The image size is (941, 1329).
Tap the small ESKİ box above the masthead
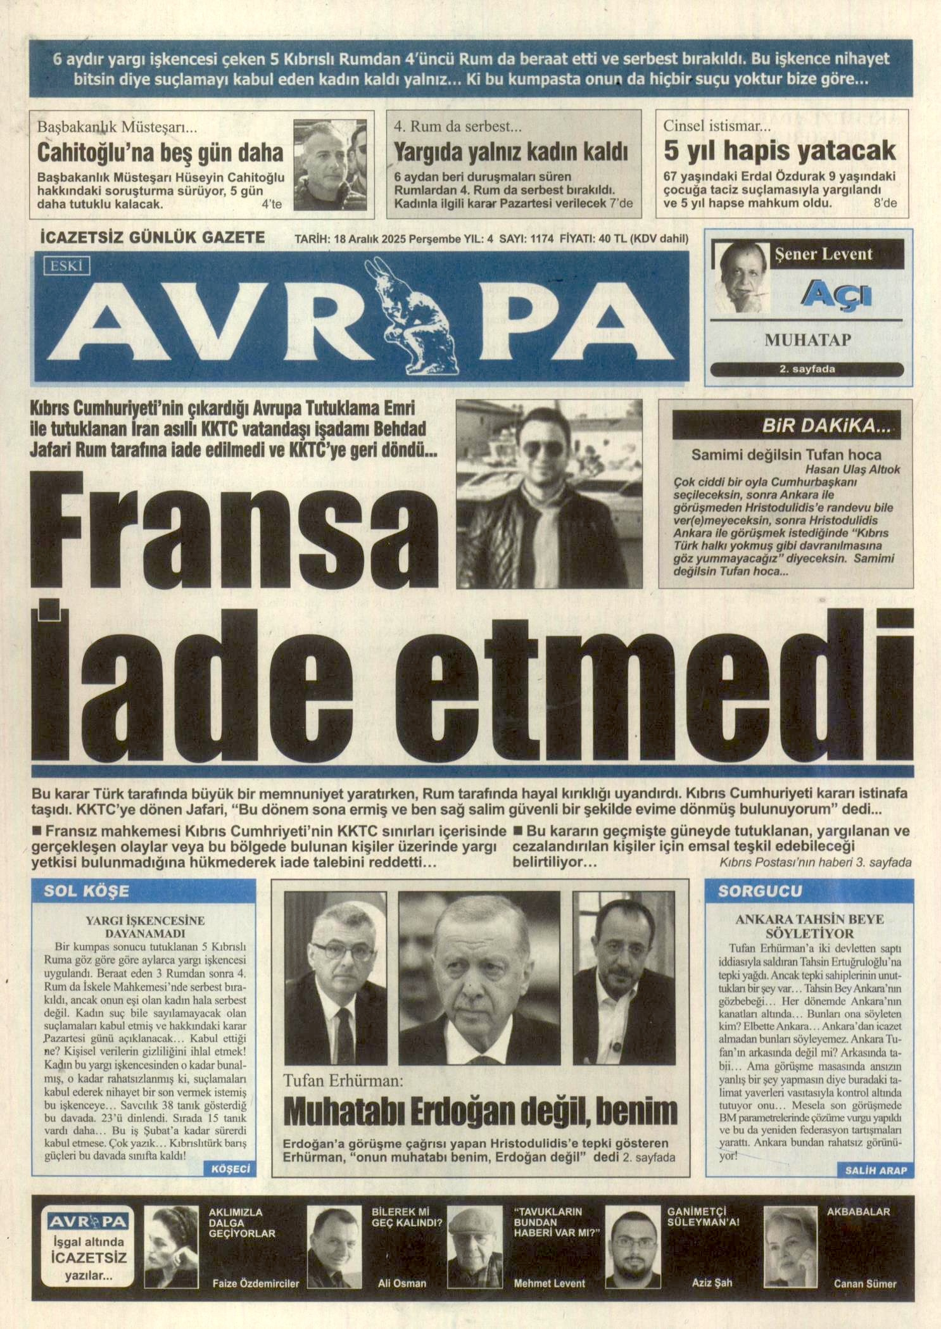pyautogui.click(x=66, y=266)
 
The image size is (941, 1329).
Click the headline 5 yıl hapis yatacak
pyautogui.click(x=780, y=151)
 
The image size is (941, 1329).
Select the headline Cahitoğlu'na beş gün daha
pyautogui.click(x=160, y=153)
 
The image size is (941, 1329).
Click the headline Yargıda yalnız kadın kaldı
pyautogui.click(x=510, y=152)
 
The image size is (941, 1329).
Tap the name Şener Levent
pyautogui.click(x=823, y=255)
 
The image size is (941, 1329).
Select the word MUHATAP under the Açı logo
pyautogui.click(x=807, y=340)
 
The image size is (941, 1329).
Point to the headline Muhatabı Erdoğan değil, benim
pyautogui.click(x=479, y=1109)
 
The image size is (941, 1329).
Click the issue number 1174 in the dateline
pyautogui.click(x=539, y=239)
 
